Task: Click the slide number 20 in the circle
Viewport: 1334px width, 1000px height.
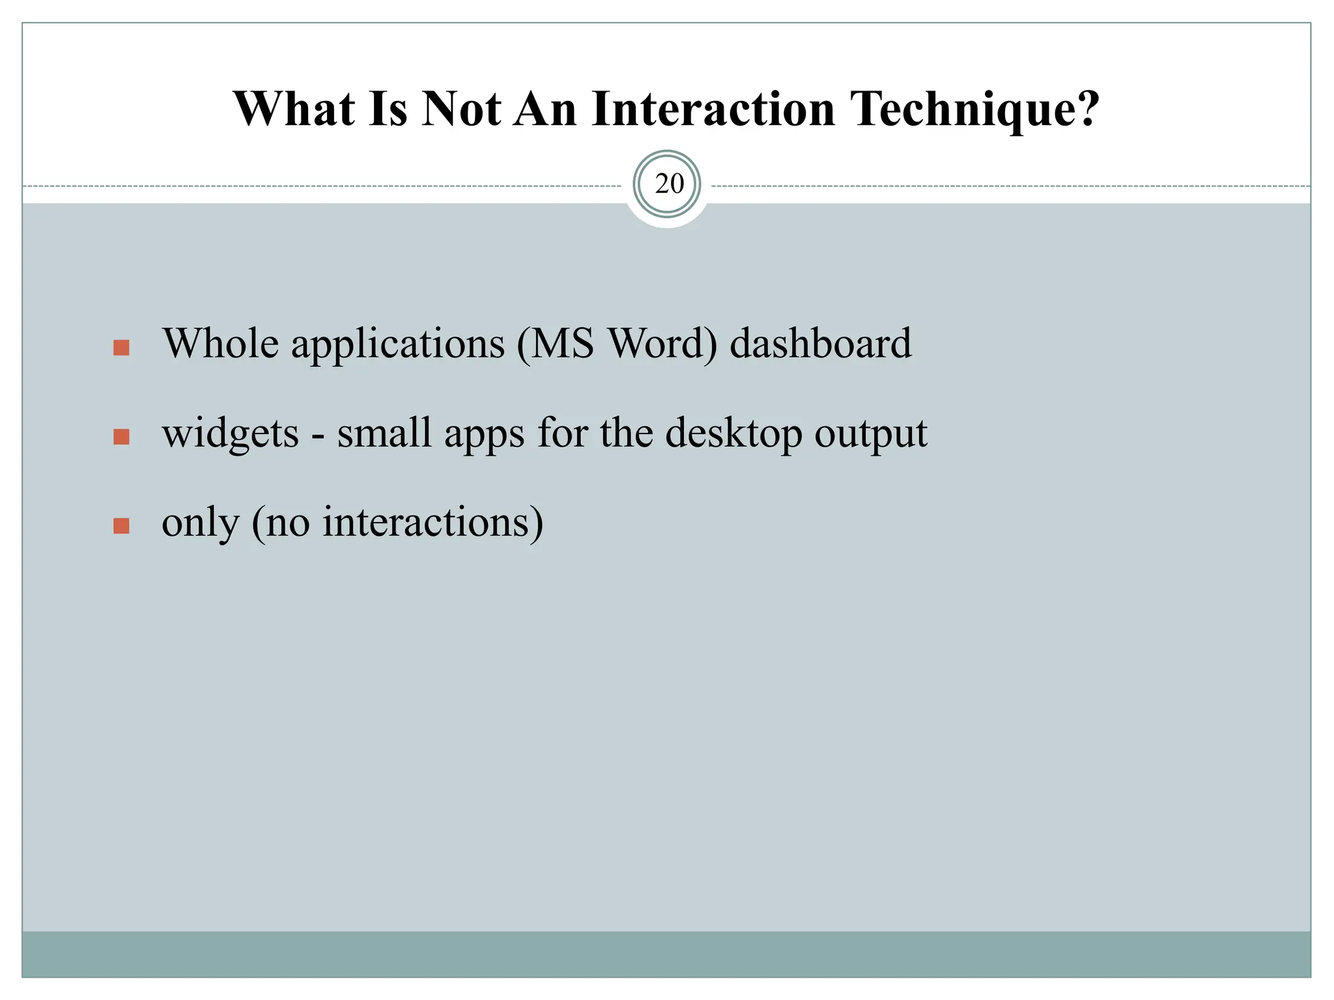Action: point(669,184)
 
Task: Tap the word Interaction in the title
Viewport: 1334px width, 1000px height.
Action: point(713,109)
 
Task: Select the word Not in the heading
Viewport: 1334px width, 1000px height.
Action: point(461,109)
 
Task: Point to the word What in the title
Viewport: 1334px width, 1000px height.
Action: point(294,109)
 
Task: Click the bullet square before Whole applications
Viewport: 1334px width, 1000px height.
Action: point(121,348)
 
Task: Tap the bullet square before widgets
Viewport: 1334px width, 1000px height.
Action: point(121,436)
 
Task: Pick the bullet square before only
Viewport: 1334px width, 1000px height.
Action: point(121,525)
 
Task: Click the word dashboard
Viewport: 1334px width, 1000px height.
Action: point(820,343)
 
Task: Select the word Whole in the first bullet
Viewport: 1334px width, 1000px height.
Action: point(221,343)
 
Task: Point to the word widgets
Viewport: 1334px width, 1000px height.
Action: point(230,434)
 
